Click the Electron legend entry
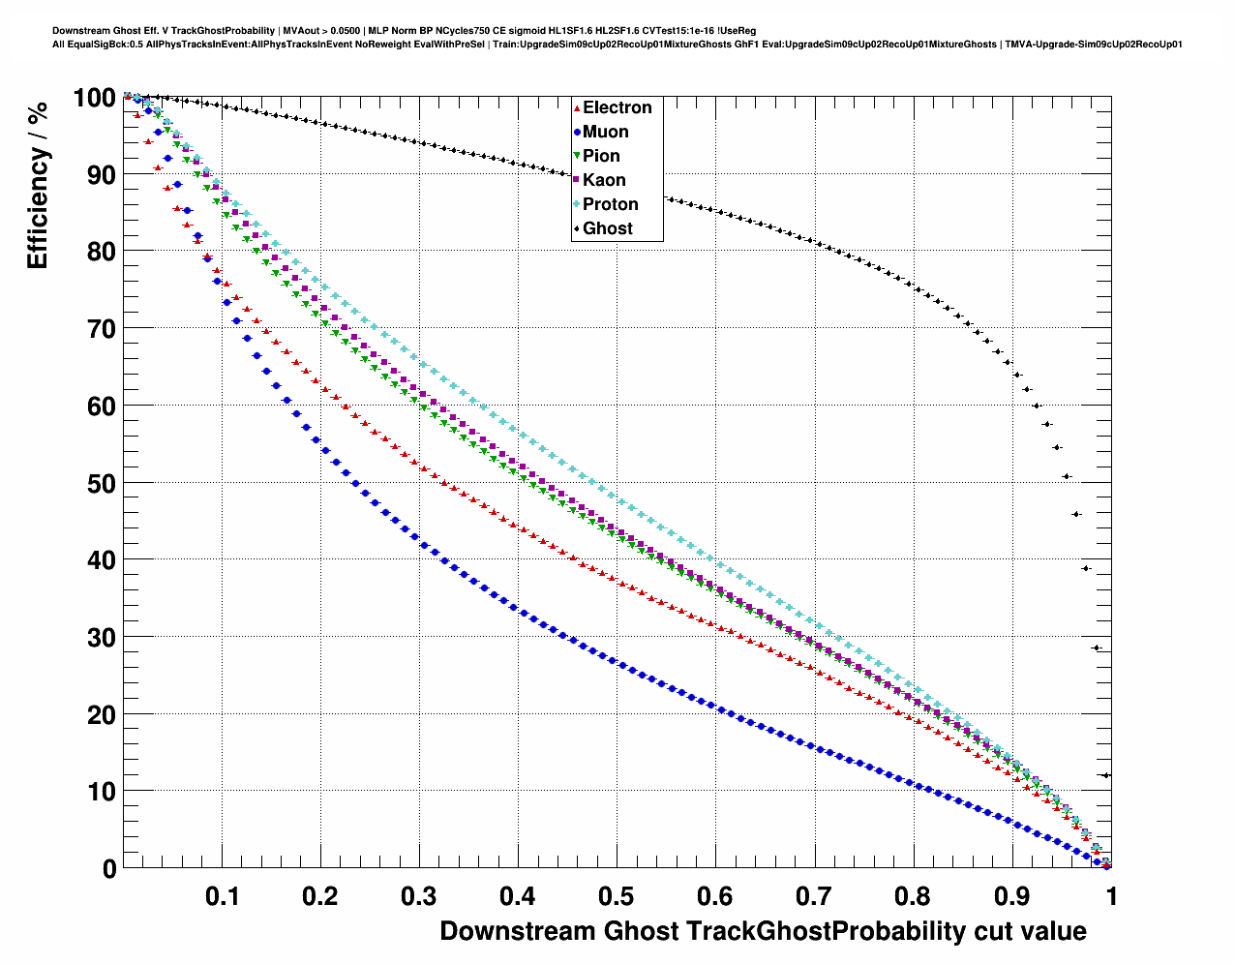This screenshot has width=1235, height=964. point(617,107)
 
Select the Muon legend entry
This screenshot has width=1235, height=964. point(605,132)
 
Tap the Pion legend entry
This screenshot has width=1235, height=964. point(601,156)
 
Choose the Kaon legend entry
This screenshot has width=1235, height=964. point(604,180)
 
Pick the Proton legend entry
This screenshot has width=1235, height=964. point(610,204)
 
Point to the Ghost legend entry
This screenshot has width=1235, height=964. point(607,228)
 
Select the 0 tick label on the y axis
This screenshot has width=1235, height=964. point(108,868)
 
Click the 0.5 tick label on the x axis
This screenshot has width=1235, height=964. point(617,896)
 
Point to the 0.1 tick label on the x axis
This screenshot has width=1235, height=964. point(222,896)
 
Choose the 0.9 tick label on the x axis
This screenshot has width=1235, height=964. point(1011,896)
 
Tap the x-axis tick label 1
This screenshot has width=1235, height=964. point(1111,896)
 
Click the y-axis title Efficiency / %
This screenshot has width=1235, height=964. point(38,185)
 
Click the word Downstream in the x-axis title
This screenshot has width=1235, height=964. point(517,931)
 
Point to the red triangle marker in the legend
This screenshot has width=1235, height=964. point(577,108)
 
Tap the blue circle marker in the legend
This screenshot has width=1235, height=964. point(577,133)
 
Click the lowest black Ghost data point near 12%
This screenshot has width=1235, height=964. point(1106,775)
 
